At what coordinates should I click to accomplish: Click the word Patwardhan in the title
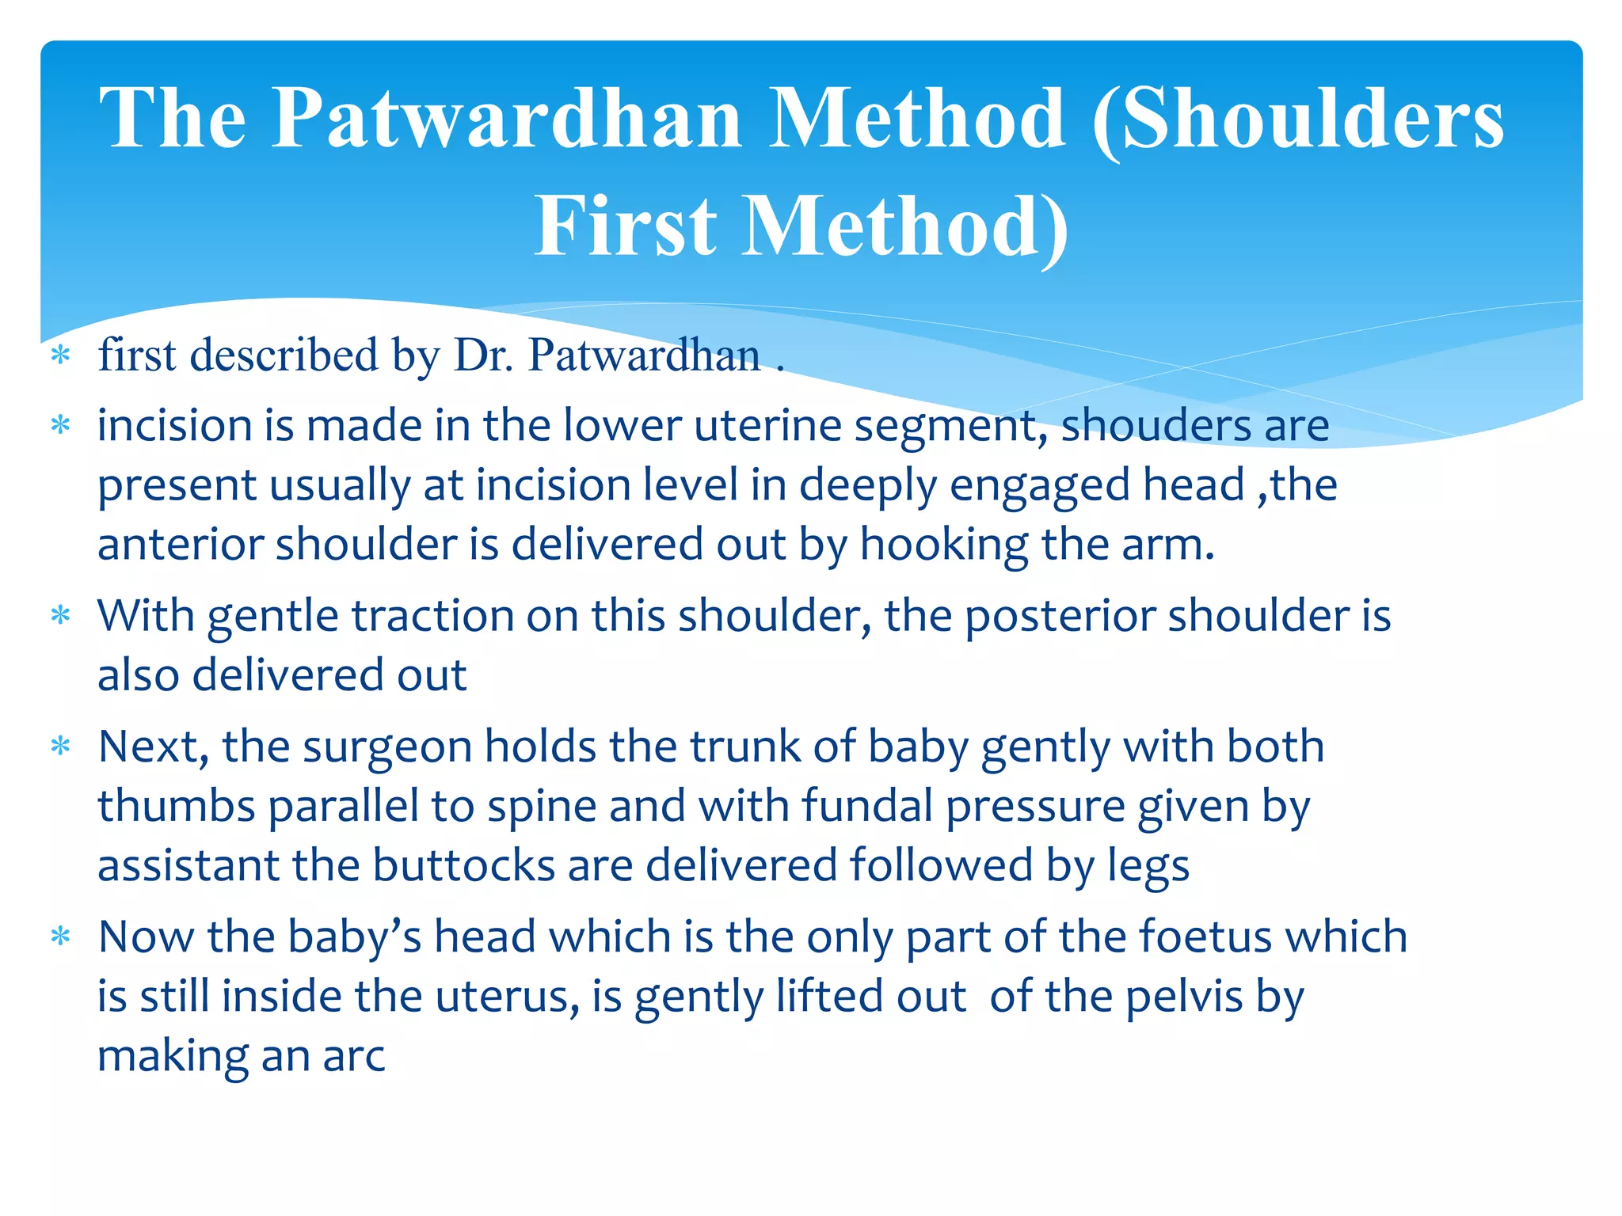tap(507, 119)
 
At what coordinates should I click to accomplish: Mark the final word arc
tap(353, 1056)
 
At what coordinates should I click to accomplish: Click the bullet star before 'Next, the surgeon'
tap(61, 746)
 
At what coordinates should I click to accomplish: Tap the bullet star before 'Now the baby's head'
tap(61, 937)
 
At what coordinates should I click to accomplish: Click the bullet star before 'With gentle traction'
tap(61, 615)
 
